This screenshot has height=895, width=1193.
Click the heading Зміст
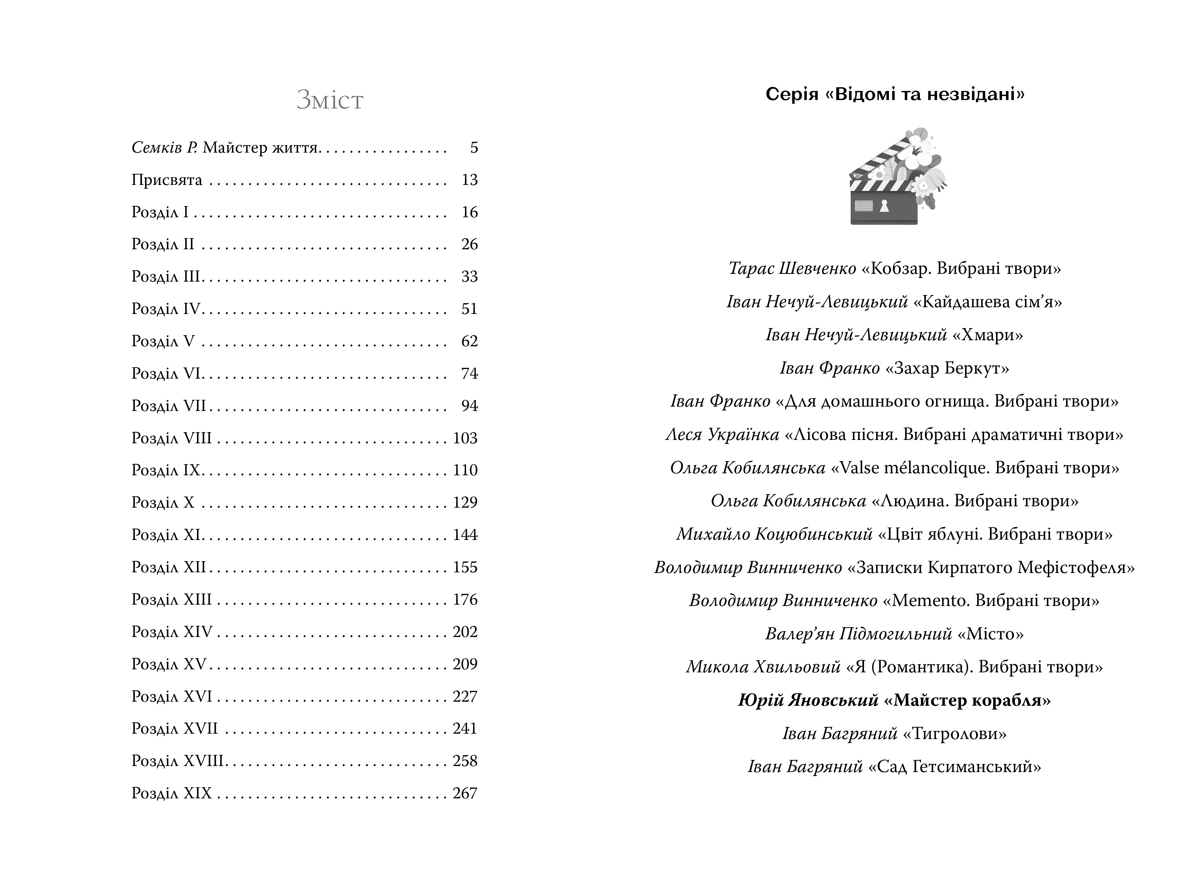330,100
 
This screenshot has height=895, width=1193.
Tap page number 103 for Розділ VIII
465,438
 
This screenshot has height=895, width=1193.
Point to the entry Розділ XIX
171,793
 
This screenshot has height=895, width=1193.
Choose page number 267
465,793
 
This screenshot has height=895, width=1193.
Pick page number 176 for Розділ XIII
465,599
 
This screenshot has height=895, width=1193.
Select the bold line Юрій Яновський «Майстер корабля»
894,700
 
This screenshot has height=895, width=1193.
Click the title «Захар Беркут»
947,369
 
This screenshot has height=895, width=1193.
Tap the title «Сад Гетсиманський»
954,767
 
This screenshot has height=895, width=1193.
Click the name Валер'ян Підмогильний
859,634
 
